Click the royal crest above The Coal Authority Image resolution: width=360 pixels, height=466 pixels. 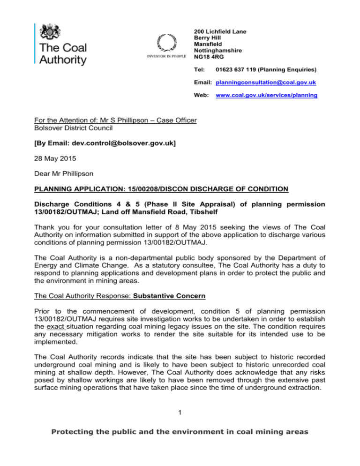(x=49, y=31)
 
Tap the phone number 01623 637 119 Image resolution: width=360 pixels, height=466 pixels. (x=237, y=70)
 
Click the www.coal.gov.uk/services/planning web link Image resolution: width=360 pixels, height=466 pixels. (x=266, y=95)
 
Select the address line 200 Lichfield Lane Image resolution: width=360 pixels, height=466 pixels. (x=220, y=32)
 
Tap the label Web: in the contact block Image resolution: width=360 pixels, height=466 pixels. (x=200, y=95)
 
